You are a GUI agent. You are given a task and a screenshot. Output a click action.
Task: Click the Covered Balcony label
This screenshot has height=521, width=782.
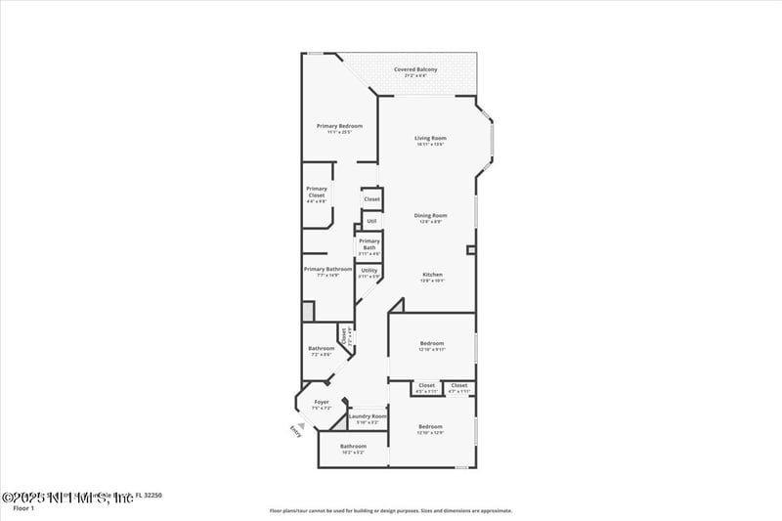coord(415,69)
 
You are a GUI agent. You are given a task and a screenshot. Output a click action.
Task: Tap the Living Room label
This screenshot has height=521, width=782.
coord(430,139)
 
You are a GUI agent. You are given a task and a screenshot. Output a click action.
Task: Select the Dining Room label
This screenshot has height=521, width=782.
coord(430,215)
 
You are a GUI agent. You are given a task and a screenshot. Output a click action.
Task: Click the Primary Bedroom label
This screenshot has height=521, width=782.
coord(339,126)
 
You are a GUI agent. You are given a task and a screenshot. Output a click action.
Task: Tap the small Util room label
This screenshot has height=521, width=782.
coord(371,221)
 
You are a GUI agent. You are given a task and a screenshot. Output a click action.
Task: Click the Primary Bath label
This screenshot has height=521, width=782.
coord(369,243)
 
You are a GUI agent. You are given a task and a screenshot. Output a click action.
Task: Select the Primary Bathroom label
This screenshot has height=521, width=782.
coord(326,270)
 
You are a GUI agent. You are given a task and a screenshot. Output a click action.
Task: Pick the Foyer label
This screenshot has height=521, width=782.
coord(321,403)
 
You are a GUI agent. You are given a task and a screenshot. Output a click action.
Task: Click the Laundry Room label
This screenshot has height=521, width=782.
coord(368,416)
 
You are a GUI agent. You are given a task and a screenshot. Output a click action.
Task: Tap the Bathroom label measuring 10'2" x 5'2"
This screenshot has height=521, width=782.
coord(353,447)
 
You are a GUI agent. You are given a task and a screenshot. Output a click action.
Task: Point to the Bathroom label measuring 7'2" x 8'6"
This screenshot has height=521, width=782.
coord(322,349)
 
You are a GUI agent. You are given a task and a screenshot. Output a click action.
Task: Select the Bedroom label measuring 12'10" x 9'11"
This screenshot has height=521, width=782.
coord(432,344)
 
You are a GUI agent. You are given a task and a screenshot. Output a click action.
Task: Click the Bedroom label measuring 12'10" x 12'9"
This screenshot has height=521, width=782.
coord(430,427)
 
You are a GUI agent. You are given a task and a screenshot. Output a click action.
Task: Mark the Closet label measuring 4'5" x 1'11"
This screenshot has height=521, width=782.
coord(426,386)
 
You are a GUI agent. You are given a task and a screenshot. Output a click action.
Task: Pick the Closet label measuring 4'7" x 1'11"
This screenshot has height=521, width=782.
coord(459,386)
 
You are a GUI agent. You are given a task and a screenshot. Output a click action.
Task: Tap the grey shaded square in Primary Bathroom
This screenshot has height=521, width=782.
coord(307,311)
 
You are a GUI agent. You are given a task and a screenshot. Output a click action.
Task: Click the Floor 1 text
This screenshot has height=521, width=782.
coord(23,508)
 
